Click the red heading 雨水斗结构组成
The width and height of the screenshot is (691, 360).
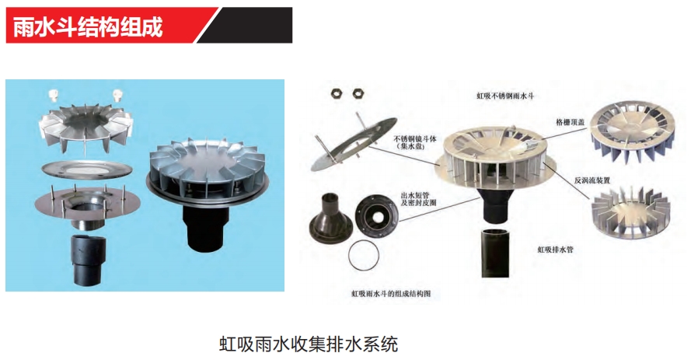pyautogui.click(x=88, y=27)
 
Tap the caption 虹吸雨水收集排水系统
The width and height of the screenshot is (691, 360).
pyautogui.click(x=309, y=344)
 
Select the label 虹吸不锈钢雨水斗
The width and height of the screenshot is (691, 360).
pyautogui.click(x=504, y=96)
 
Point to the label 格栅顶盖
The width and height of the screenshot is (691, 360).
pyautogui.click(x=570, y=122)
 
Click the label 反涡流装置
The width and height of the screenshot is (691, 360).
pyautogui.click(x=592, y=180)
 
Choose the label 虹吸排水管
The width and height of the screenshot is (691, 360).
pyautogui.click(x=555, y=250)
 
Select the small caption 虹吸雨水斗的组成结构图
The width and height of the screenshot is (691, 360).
pyautogui.click(x=390, y=293)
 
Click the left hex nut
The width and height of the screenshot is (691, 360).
pyautogui.click(x=337, y=93)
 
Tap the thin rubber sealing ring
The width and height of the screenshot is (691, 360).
pyautogui.click(x=364, y=257)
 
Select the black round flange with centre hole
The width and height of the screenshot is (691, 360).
pyautogui.click(x=376, y=214)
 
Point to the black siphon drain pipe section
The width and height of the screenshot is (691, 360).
pyautogui.click(x=496, y=253)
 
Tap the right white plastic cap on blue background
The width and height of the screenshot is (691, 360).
pyautogui.click(x=117, y=96)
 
